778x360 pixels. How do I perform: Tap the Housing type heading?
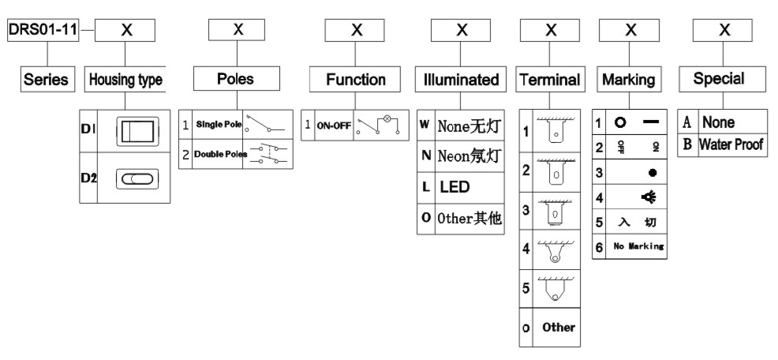point(126,79)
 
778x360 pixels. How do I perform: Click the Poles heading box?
point(236,79)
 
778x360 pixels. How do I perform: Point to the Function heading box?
point(357,79)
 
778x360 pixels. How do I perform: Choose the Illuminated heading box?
point(462,79)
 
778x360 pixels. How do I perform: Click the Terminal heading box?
point(551,79)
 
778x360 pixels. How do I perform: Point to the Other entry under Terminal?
point(559,327)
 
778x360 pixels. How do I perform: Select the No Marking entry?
point(638,247)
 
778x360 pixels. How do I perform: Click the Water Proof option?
point(731,144)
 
